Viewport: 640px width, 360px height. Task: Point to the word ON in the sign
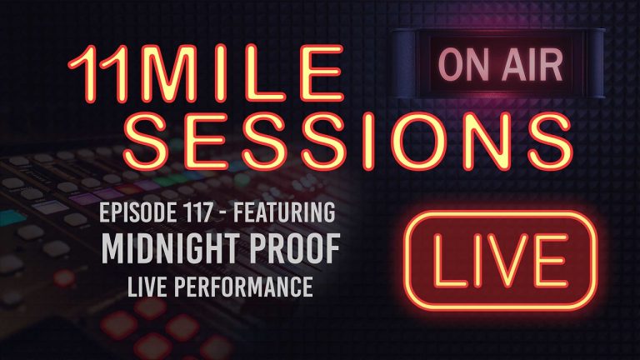[464, 65]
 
